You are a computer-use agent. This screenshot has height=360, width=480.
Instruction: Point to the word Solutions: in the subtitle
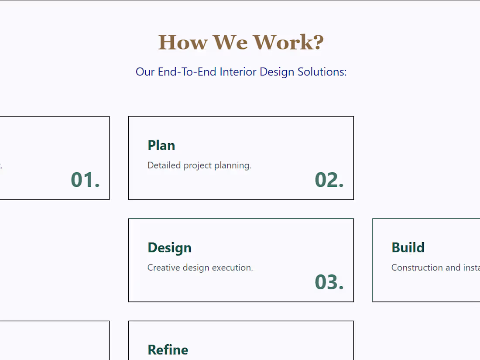point(322,72)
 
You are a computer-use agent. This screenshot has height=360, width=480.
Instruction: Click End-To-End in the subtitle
point(187,72)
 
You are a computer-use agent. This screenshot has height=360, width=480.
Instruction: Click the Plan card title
point(161,145)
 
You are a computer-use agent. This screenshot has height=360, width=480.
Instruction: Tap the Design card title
point(169,248)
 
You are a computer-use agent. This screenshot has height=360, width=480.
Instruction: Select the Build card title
point(408,248)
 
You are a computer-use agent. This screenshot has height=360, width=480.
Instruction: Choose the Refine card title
point(168,350)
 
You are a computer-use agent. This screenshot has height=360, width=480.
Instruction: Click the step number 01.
point(85,180)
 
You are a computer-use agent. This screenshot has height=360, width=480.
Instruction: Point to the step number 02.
point(329,180)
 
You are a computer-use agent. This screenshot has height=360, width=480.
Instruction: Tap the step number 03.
point(329,282)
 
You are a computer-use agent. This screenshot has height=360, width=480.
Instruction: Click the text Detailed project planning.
point(199,166)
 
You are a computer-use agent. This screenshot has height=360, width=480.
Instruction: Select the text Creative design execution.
point(200,267)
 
